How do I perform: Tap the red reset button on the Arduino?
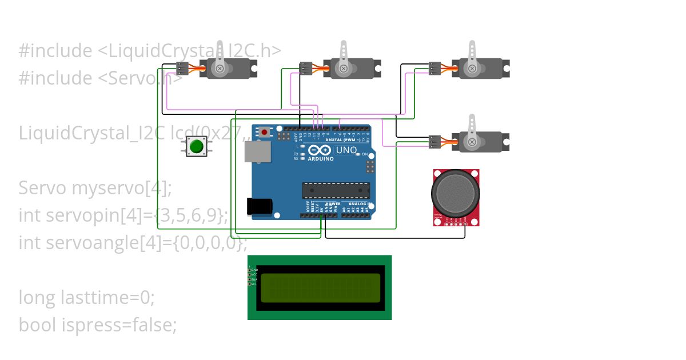pos(264,132)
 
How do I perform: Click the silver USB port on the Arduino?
pos(258,151)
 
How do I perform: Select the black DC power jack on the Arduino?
pos(259,206)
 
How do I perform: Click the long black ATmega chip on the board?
pos(336,190)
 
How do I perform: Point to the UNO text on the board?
pos(346,150)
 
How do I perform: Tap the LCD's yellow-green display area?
pos(320,287)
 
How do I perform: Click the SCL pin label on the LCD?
pos(254,284)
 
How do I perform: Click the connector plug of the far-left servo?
pos(182,69)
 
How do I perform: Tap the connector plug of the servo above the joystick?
pos(434,141)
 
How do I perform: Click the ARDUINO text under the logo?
pos(321,159)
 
